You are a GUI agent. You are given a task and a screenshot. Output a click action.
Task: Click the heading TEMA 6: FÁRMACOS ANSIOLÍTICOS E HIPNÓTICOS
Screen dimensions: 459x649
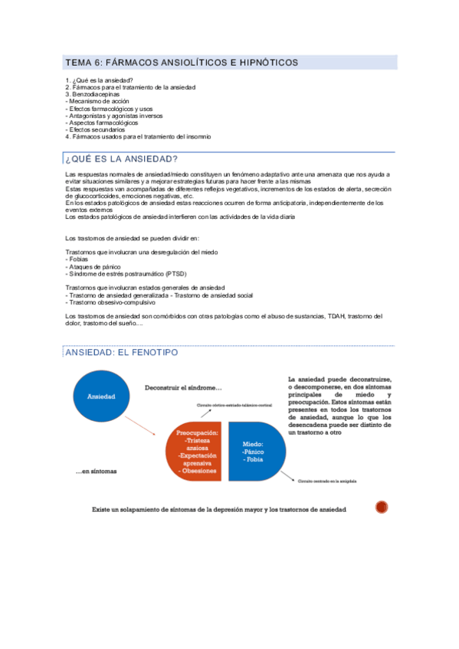coord(182,62)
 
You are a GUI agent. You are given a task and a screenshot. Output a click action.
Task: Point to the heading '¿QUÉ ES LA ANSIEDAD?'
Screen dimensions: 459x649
coord(122,158)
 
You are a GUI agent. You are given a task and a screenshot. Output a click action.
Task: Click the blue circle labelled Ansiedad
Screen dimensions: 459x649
coord(101,396)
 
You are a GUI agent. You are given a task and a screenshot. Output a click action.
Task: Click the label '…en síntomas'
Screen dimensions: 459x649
coord(96,471)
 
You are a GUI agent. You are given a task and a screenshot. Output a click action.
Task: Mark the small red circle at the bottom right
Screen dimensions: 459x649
coord(382,507)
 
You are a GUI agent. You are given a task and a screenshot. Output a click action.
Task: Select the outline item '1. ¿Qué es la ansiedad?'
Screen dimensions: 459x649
coord(100,80)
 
